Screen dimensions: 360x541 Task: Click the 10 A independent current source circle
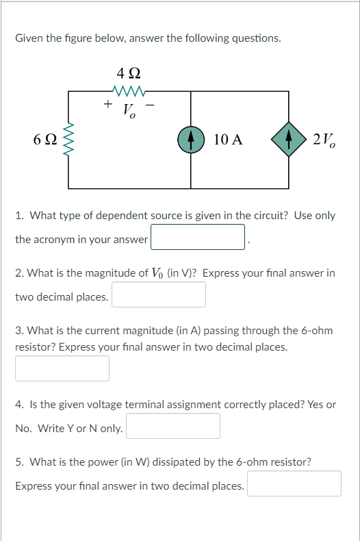[191, 140]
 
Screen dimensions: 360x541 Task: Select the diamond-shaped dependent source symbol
[289, 140]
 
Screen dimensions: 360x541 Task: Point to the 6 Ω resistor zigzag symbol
[68, 140]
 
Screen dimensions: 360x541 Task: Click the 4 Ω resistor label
[129, 73]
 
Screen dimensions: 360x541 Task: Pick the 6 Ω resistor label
[45, 140]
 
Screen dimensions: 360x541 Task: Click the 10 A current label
[228, 140]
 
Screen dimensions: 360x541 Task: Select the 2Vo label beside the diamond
[324, 140]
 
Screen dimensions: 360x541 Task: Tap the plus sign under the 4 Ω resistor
[108, 103]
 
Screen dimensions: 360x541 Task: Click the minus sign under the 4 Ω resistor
[151, 105]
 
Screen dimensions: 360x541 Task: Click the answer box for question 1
[198, 237]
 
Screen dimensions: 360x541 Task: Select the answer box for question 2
[159, 294]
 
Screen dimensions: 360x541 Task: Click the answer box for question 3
[62, 368]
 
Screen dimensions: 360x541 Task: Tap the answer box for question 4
[173, 426]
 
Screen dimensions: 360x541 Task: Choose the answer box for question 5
[294, 483]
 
